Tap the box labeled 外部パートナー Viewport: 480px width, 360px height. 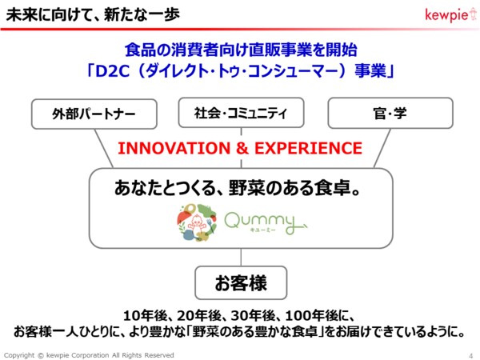coord(82,114)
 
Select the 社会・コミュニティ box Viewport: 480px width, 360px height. coord(240,113)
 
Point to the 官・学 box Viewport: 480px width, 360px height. coord(390,113)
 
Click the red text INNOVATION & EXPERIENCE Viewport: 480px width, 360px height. coord(240,148)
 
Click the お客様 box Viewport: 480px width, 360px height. coord(240,282)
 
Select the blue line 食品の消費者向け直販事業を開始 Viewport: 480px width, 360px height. coord(240,50)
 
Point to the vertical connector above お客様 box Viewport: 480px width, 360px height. coord(240,257)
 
